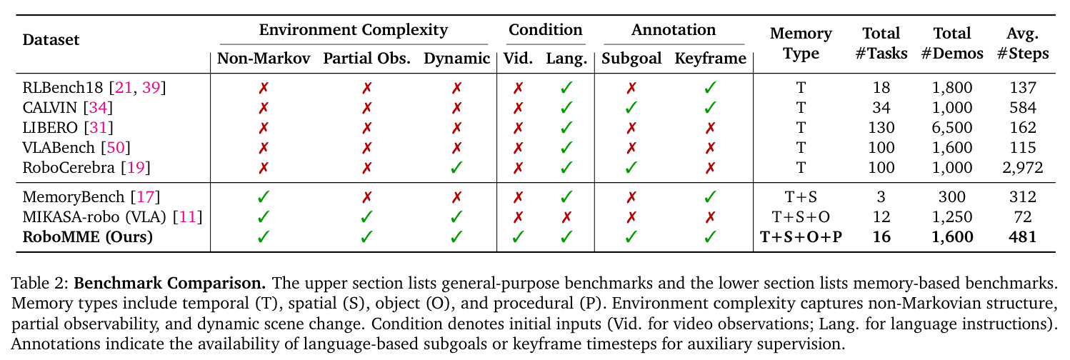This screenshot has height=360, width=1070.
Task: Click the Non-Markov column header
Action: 264,59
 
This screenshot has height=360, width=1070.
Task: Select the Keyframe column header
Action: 710,59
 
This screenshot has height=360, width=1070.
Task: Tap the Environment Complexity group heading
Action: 354,29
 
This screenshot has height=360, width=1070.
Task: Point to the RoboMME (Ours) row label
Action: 87,237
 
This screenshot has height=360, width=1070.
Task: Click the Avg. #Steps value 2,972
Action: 1023,168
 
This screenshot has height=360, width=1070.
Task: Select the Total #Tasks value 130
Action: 881,127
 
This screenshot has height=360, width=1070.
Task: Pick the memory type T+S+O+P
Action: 801,237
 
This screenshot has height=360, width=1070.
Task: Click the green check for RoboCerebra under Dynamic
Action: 456,168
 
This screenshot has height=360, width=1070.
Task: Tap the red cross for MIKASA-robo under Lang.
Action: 566,217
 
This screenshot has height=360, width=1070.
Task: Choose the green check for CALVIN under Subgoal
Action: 631,107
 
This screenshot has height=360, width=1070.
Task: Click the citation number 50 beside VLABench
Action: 116,148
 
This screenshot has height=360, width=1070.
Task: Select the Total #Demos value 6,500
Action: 952,127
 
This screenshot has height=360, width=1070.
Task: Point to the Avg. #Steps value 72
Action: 1023,216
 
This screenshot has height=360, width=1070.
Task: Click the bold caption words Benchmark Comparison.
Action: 169,283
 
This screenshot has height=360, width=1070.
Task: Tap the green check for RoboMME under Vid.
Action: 518,237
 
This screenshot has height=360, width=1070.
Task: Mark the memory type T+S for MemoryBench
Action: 801,196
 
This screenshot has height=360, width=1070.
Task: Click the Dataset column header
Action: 51,39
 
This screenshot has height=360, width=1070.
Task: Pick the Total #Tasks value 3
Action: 881,196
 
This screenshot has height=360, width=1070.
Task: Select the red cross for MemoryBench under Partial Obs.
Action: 367,197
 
